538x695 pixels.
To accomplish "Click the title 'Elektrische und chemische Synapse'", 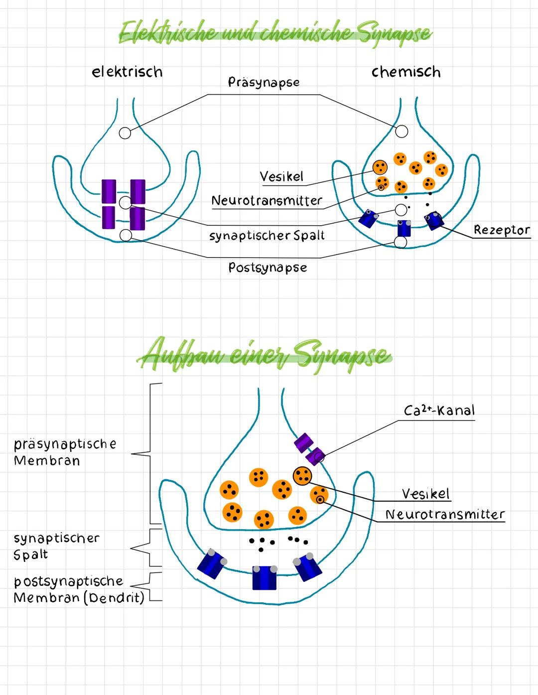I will pyautogui.click(x=275, y=33).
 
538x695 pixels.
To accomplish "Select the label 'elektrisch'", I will pyautogui.click(x=127, y=72).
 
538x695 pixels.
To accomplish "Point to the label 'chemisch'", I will pyautogui.click(x=406, y=72).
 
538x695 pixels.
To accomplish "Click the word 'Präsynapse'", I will pyautogui.click(x=264, y=82).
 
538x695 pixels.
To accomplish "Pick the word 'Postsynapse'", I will pyautogui.click(x=268, y=268).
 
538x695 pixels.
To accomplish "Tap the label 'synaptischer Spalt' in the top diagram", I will pyautogui.click(x=267, y=235).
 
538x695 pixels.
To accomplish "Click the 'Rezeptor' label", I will pyautogui.click(x=501, y=230).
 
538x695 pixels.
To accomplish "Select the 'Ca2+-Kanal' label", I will pyautogui.click(x=439, y=411).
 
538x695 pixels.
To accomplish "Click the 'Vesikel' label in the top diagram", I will pyautogui.click(x=281, y=176).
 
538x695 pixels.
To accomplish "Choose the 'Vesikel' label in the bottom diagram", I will pyautogui.click(x=425, y=494).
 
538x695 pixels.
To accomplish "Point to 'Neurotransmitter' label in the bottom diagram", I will pyautogui.click(x=445, y=514).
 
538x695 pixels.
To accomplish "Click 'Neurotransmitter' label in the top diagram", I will pyautogui.click(x=267, y=201).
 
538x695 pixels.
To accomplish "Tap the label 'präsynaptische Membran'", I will pyautogui.click(x=65, y=452).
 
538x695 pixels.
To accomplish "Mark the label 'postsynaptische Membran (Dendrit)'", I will pyautogui.click(x=78, y=589).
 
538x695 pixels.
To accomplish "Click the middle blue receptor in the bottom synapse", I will pyautogui.click(x=264, y=578).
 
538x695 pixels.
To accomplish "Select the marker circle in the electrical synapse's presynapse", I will pyautogui.click(x=125, y=133).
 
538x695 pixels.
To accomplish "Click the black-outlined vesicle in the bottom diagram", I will pyautogui.click(x=302, y=476).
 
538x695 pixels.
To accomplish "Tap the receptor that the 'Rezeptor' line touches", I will pyautogui.click(x=433, y=220).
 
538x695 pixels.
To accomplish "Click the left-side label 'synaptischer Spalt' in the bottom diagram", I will pyautogui.click(x=56, y=546).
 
